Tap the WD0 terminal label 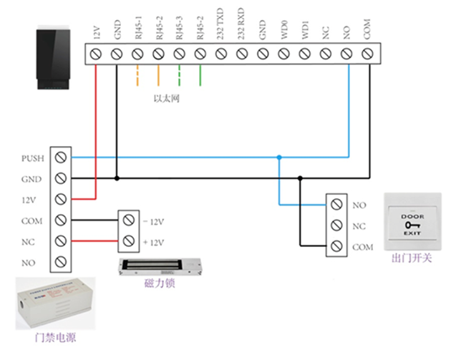point(283,31)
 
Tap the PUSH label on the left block point(33,157)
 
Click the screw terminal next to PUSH point(61,157)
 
